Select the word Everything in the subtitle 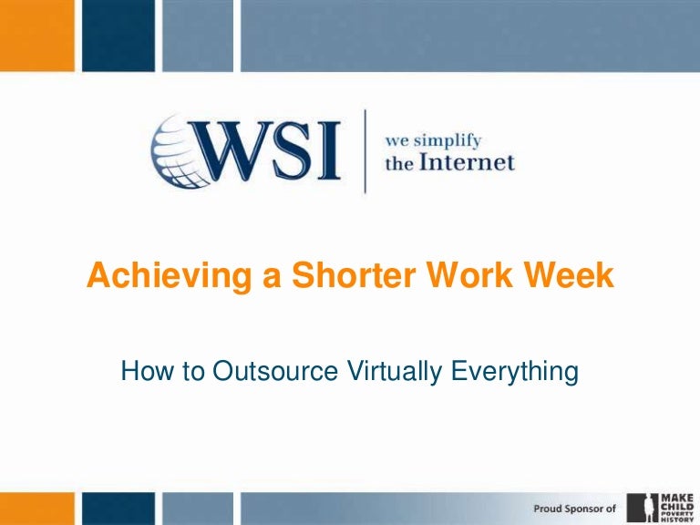[x=515, y=372]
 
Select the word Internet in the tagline [x=466, y=164]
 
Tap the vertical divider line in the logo [x=365, y=151]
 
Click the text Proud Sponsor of [x=573, y=506]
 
